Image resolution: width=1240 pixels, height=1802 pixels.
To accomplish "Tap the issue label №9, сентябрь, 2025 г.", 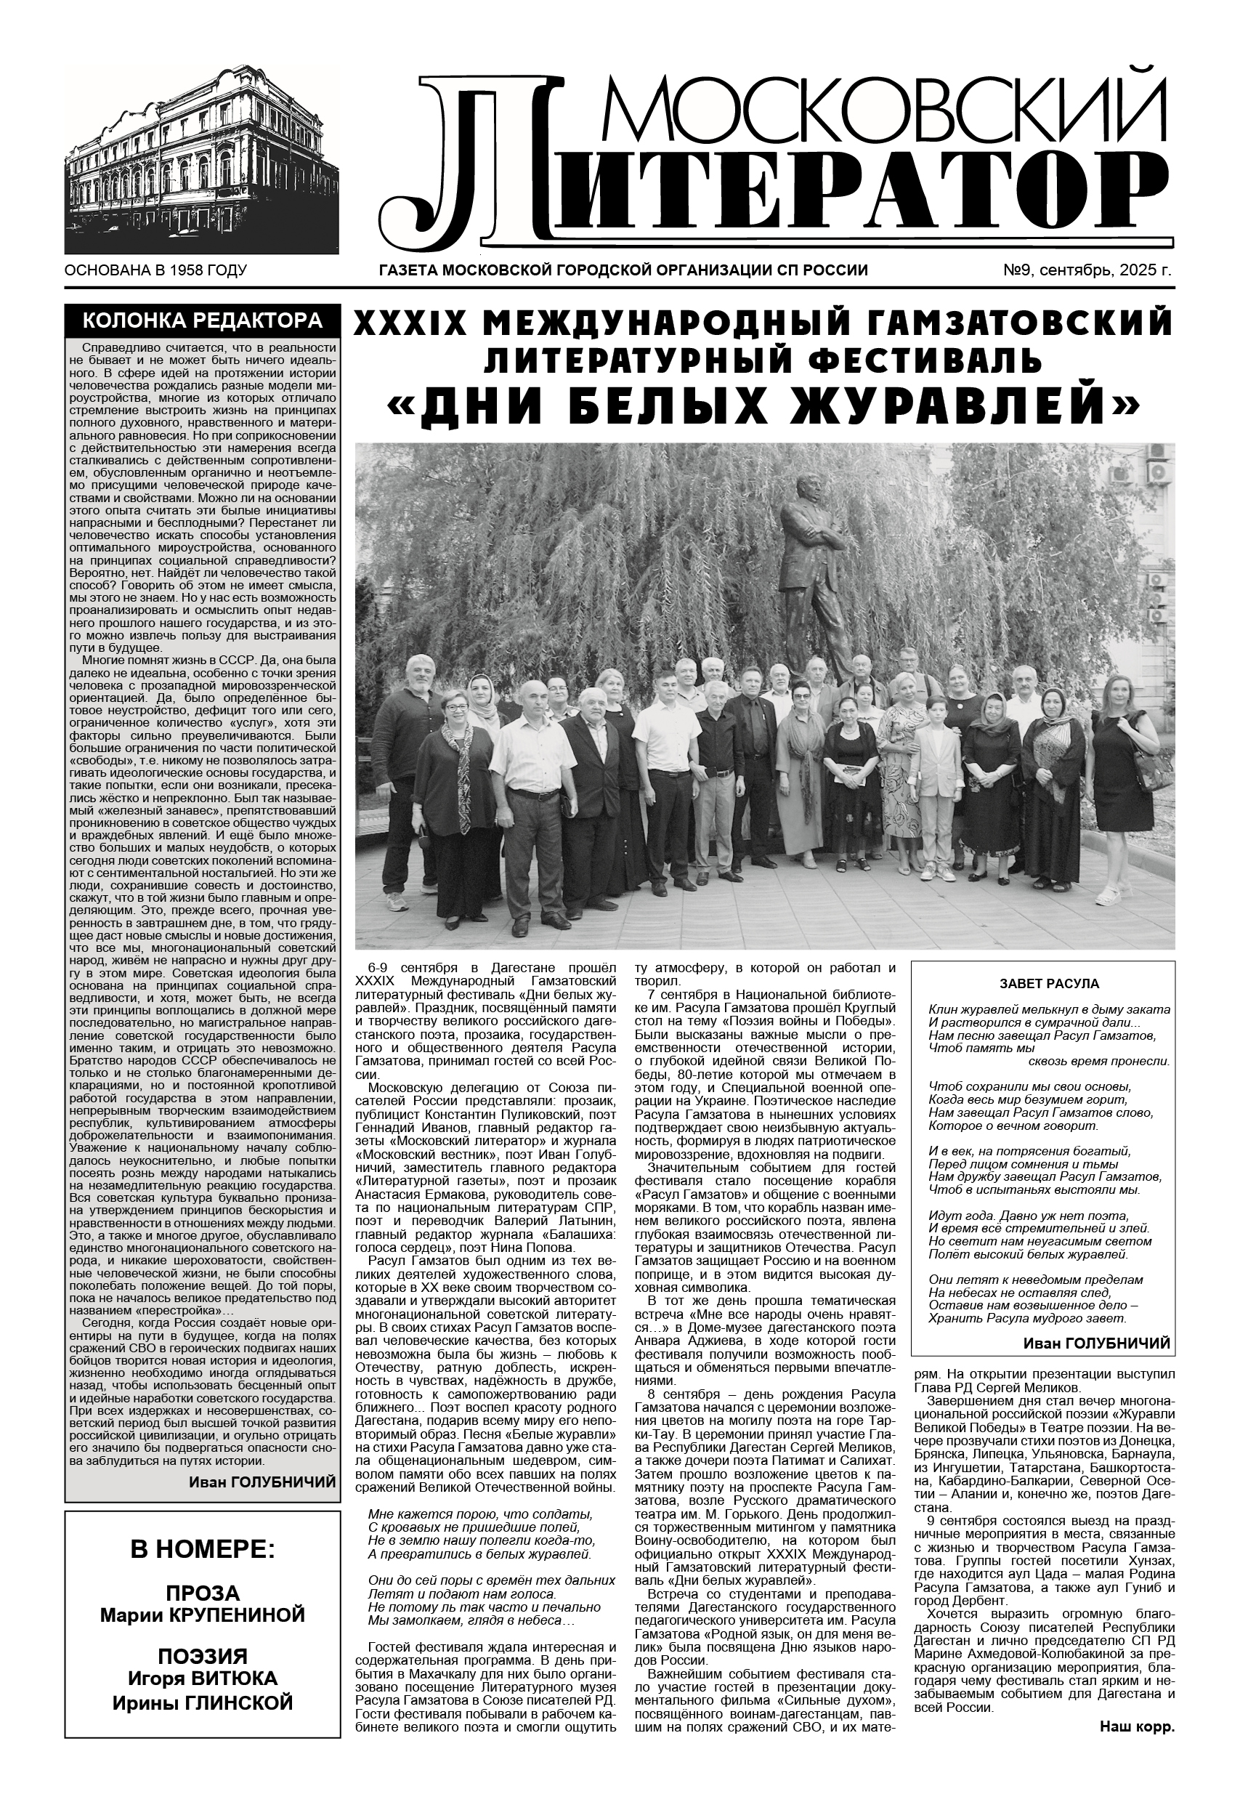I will tap(1087, 271).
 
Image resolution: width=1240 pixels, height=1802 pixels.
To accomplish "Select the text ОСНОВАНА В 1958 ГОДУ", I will tap(155, 271).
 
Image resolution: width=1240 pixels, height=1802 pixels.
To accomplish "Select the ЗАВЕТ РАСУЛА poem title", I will tap(1042, 983).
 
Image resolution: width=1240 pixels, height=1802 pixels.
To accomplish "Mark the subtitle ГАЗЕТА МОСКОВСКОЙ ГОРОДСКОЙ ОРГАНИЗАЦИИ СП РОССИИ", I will tap(623, 271).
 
